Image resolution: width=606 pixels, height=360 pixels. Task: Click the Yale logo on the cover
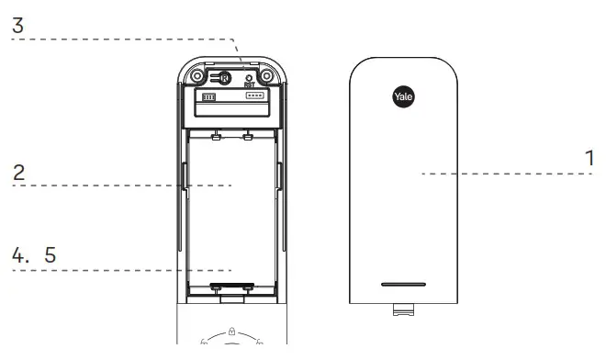click(x=403, y=95)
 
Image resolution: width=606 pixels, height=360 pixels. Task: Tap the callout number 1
click(x=589, y=158)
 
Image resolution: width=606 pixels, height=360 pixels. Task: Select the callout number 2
click(x=18, y=172)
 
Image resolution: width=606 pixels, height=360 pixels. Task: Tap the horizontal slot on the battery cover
click(x=403, y=284)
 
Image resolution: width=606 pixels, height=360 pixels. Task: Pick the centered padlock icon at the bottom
click(x=232, y=329)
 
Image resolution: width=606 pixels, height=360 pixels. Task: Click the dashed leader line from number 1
click(x=496, y=173)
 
